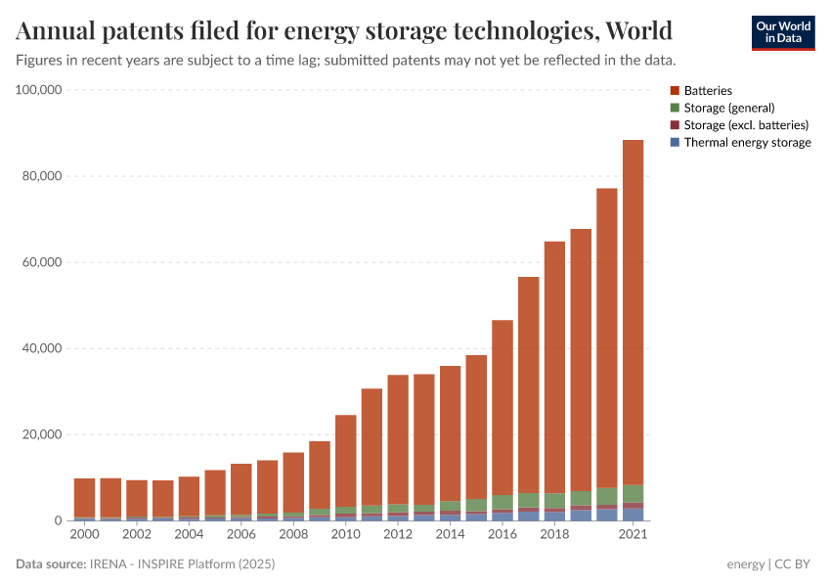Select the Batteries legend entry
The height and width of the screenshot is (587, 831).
[x=708, y=91]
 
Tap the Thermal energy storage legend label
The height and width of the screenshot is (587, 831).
[x=747, y=143]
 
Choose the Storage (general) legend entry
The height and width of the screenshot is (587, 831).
[x=728, y=108]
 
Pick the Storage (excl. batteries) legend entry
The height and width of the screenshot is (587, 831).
[x=746, y=125]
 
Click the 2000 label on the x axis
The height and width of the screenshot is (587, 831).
[x=84, y=535]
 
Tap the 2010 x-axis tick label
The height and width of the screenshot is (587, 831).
[x=345, y=535]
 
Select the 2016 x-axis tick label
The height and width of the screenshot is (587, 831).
[x=503, y=535]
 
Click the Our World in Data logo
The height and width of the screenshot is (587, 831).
[x=782, y=32]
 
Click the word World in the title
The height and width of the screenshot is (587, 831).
[x=638, y=32]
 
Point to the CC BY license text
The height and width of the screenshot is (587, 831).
[x=795, y=564]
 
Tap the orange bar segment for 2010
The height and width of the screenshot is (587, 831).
[x=345, y=461]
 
